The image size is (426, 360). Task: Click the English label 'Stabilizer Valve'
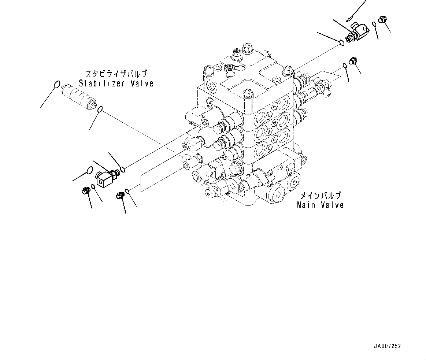(116, 83)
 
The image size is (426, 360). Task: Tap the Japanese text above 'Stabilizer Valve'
(116, 73)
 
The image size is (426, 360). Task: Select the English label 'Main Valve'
(320, 205)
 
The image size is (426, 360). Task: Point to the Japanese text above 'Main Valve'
(320, 195)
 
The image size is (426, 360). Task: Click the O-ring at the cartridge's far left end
(56, 84)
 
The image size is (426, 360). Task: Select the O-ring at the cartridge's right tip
(100, 108)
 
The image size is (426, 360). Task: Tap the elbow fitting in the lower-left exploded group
(105, 177)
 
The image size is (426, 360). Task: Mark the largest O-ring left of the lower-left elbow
(88, 170)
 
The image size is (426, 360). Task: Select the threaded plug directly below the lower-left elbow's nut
(120, 196)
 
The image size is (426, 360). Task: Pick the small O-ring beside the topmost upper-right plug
(374, 24)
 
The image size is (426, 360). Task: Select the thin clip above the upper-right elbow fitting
(351, 16)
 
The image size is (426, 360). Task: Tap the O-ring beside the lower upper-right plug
(345, 66)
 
